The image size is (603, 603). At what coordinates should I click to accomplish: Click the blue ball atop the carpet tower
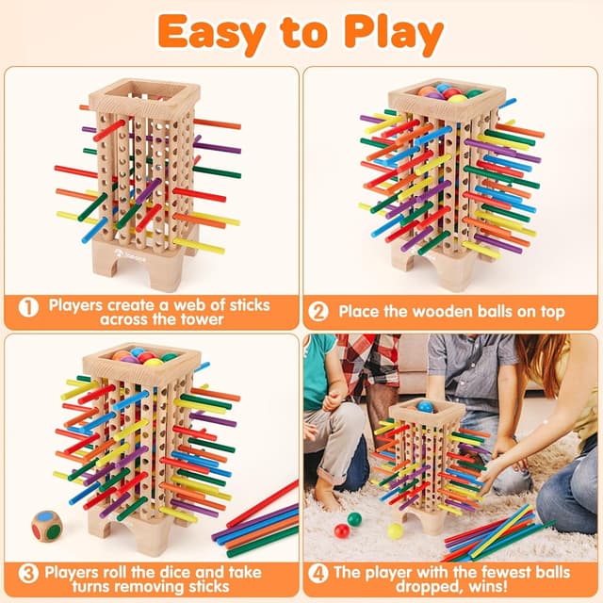pyautogui.click(x=425, y=407)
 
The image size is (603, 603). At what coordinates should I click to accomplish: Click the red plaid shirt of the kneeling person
pyautogui.click(x=363, y=363)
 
